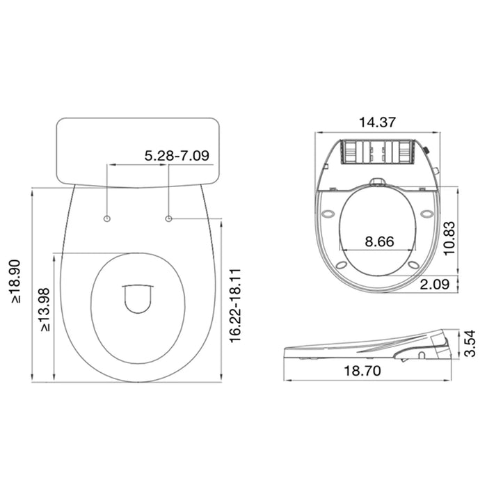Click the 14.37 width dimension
(x=377, y=122)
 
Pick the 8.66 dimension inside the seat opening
(x=379, y=241)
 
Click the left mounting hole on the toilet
(x=106, y=219)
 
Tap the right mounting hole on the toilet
(x=169, y=219)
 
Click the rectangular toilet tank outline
(x=138, y=150)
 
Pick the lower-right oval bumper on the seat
(x=413, y=264)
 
